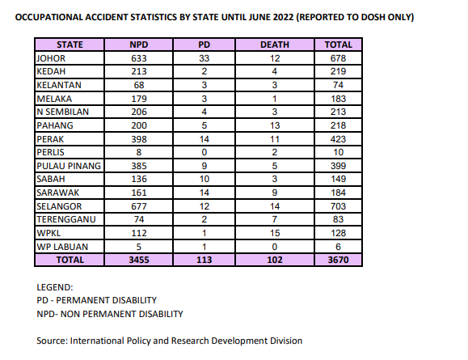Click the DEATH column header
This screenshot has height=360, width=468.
(275, 44)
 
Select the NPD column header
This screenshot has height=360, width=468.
(139, 44)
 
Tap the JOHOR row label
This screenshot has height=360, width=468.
(51, 58)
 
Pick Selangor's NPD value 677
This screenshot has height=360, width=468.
(139, 206)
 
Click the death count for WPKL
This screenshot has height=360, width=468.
(275, 233)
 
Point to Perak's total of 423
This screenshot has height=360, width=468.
(338, 139)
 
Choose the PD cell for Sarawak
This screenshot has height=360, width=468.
(204, 193)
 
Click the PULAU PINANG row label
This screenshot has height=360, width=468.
(69, 166)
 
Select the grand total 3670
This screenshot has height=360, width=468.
(338, 260)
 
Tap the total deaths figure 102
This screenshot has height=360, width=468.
(275, 260)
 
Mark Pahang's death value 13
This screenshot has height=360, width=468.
(275, 125)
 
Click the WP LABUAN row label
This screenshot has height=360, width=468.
(62, 247)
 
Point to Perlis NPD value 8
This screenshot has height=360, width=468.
(139, 152)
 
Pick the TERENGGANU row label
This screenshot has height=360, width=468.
(66, 219)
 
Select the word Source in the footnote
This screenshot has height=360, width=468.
(53, 341)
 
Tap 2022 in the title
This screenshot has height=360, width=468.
(283, 17)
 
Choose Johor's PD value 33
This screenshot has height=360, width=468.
(204, 58)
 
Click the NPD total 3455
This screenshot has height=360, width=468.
(139, 260)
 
